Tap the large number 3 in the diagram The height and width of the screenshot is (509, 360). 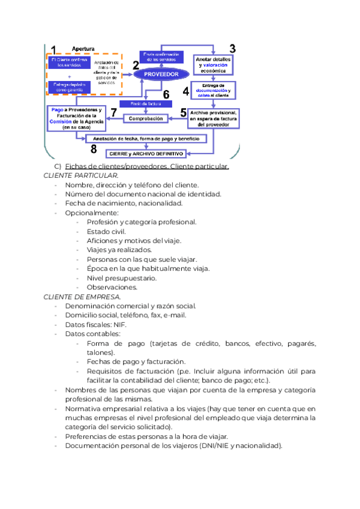(x=233, y=49)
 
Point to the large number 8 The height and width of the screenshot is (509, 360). (x=93, y=149)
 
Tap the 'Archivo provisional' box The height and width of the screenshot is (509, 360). (x=214, y=118)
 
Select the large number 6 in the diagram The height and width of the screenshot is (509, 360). (x=166, y=95)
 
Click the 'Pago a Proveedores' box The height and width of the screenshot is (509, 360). (x=77, y=119)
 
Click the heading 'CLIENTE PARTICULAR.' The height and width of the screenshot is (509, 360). (x=81, y=175)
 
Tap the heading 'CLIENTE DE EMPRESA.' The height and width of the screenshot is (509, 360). (x=82, y=297)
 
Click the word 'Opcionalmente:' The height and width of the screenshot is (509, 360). (x=92, y=212)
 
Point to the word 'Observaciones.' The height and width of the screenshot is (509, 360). (x=112, y=287)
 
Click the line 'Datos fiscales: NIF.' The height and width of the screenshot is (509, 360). (x=96, y=325)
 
